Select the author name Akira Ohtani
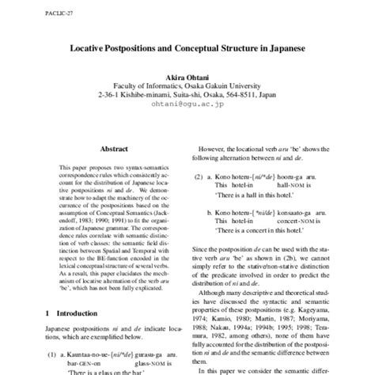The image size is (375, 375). coord(187,74)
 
